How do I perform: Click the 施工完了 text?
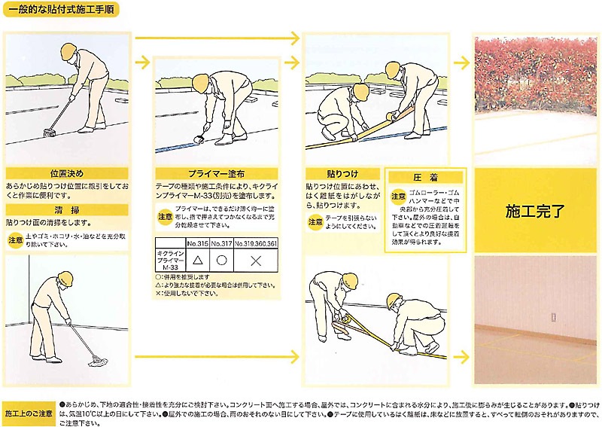tap(535, 211)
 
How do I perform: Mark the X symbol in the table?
tap(255, 261)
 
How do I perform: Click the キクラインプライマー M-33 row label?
tap(169, 261)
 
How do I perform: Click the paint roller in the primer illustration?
tap(201, 140)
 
